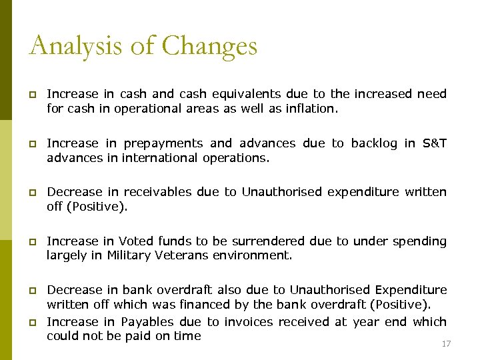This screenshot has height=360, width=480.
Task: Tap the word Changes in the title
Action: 209,46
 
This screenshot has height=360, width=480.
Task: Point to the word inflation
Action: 312,109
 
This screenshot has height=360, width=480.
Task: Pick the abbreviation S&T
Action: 435,143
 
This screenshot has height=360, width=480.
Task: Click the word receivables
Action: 162,192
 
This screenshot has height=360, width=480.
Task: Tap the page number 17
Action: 447,344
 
